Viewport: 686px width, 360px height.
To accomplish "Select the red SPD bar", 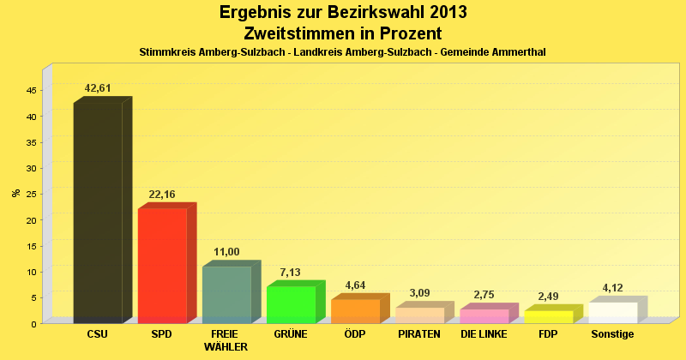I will pyautogui.click(x=162, y=265).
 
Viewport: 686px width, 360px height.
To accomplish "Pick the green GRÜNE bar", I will pyautogui.click(x=291, y=304).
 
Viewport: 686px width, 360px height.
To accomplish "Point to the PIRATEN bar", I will pyautogui.click(x=419, y=315).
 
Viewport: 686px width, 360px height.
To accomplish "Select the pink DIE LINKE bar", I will pyautogui.click(x=484, y=315).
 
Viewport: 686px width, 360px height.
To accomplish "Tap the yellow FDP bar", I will pyautogui.click(x=548, y=316).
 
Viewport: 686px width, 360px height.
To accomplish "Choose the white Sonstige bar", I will pyautogui.click(x=612, y=312).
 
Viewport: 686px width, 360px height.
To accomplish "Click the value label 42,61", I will pyautogui.click(x=98, y=88).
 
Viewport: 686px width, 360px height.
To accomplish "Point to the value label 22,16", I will pyautogui.click(x=162, y=195).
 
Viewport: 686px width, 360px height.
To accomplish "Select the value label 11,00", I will pyautogui.click(x=226, y=252).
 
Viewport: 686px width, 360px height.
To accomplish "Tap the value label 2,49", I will pyautogui.click(x=548, y=297).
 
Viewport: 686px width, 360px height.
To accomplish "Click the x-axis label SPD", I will pyautogui.click(x=162, y=333).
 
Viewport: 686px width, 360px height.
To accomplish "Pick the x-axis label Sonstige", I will pyautogui.click(x=612, y=333).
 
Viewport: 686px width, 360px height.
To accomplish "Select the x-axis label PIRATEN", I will pyautogui.click(x=419, y=333).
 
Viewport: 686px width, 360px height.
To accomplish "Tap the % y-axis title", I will pyautogui.click(x=15, y=193).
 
